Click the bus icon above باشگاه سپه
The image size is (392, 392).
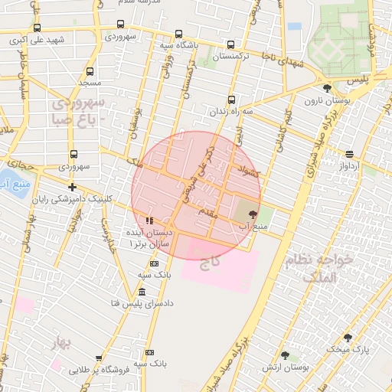click(x=178, y=34)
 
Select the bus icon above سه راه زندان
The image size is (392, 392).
click(x=231, y=100)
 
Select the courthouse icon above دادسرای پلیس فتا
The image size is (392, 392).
click(x=142, y=292)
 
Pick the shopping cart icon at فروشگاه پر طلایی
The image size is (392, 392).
click(x=99, y=358)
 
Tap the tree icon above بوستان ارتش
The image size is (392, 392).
click(x=286, y=354)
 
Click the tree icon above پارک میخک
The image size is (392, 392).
click(x=348, y=338)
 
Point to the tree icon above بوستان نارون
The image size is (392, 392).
click(x=327, y=88)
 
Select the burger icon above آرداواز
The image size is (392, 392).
click(x=349, y=153)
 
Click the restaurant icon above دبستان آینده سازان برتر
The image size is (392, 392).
click(x=149, y=220)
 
